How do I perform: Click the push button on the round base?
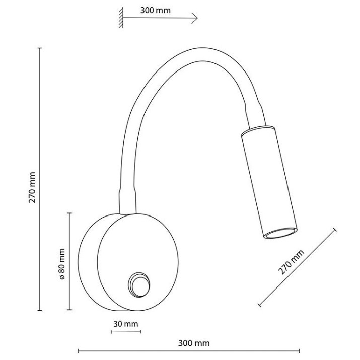coord(139,285)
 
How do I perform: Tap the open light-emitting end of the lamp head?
coord(280,233)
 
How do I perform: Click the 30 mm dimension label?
coord(126,324)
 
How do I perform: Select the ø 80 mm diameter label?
coord(62,264)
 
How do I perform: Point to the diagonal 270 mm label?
coord(291,262)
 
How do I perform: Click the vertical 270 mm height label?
coord(32,187)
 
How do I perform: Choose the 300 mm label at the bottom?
coord(194,343)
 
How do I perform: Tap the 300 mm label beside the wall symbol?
coord(155,11)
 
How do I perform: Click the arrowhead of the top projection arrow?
coord(195,18)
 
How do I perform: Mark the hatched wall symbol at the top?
coord(121,18)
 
